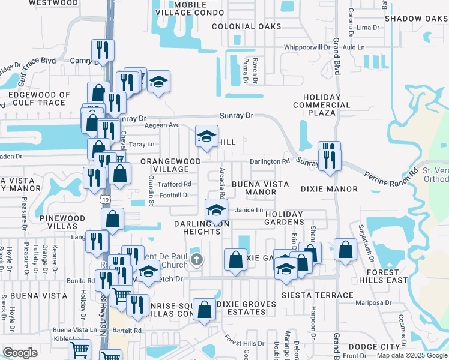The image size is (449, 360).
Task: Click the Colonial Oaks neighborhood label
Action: pyautogui.click(x=246, y=26)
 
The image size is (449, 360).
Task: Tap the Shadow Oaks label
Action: pyautogui.click(x=417, y=19)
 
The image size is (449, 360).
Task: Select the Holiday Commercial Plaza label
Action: pyautogui.click(x=327, y=105)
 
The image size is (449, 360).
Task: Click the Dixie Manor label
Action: pyautogui.click(x=330, y=189)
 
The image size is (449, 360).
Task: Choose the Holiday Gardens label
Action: pyautogui.click(x=294, y=218)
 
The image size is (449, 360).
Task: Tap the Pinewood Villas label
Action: pyautogui.click(x=59, y=222)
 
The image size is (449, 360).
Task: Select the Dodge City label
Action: pyautogui.click(x=374, y=347)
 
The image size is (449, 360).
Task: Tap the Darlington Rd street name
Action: pyautogui.click(x=270, y=161)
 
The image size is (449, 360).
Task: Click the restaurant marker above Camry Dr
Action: pyautogui.click(x=103, y=50)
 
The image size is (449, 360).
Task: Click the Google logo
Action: pyautogui.click(x=20, y=353)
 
